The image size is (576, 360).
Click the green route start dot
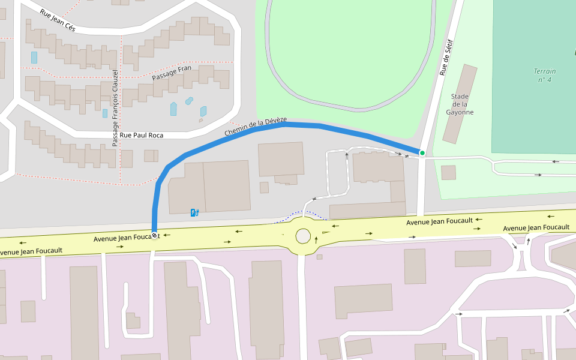[422, 153]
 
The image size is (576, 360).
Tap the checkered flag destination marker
[155, 235]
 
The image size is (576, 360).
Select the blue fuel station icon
[194, 212]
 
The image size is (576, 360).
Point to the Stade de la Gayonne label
[460, 104]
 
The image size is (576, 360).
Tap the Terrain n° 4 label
[544, 75]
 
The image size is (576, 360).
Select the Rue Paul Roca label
[142, 135]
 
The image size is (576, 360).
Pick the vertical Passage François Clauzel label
[115, 108]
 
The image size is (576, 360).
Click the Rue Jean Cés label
[58, 20]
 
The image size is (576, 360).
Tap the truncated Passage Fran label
[171, 73]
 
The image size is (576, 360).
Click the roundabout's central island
[303, 236]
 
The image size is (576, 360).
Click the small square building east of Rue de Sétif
[448, 173]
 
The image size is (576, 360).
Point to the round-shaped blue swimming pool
[189, 101]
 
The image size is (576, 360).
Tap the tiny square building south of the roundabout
[320, 257]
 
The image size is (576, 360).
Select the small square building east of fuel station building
[264, 187]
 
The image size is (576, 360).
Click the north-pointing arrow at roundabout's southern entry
[316, 240]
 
